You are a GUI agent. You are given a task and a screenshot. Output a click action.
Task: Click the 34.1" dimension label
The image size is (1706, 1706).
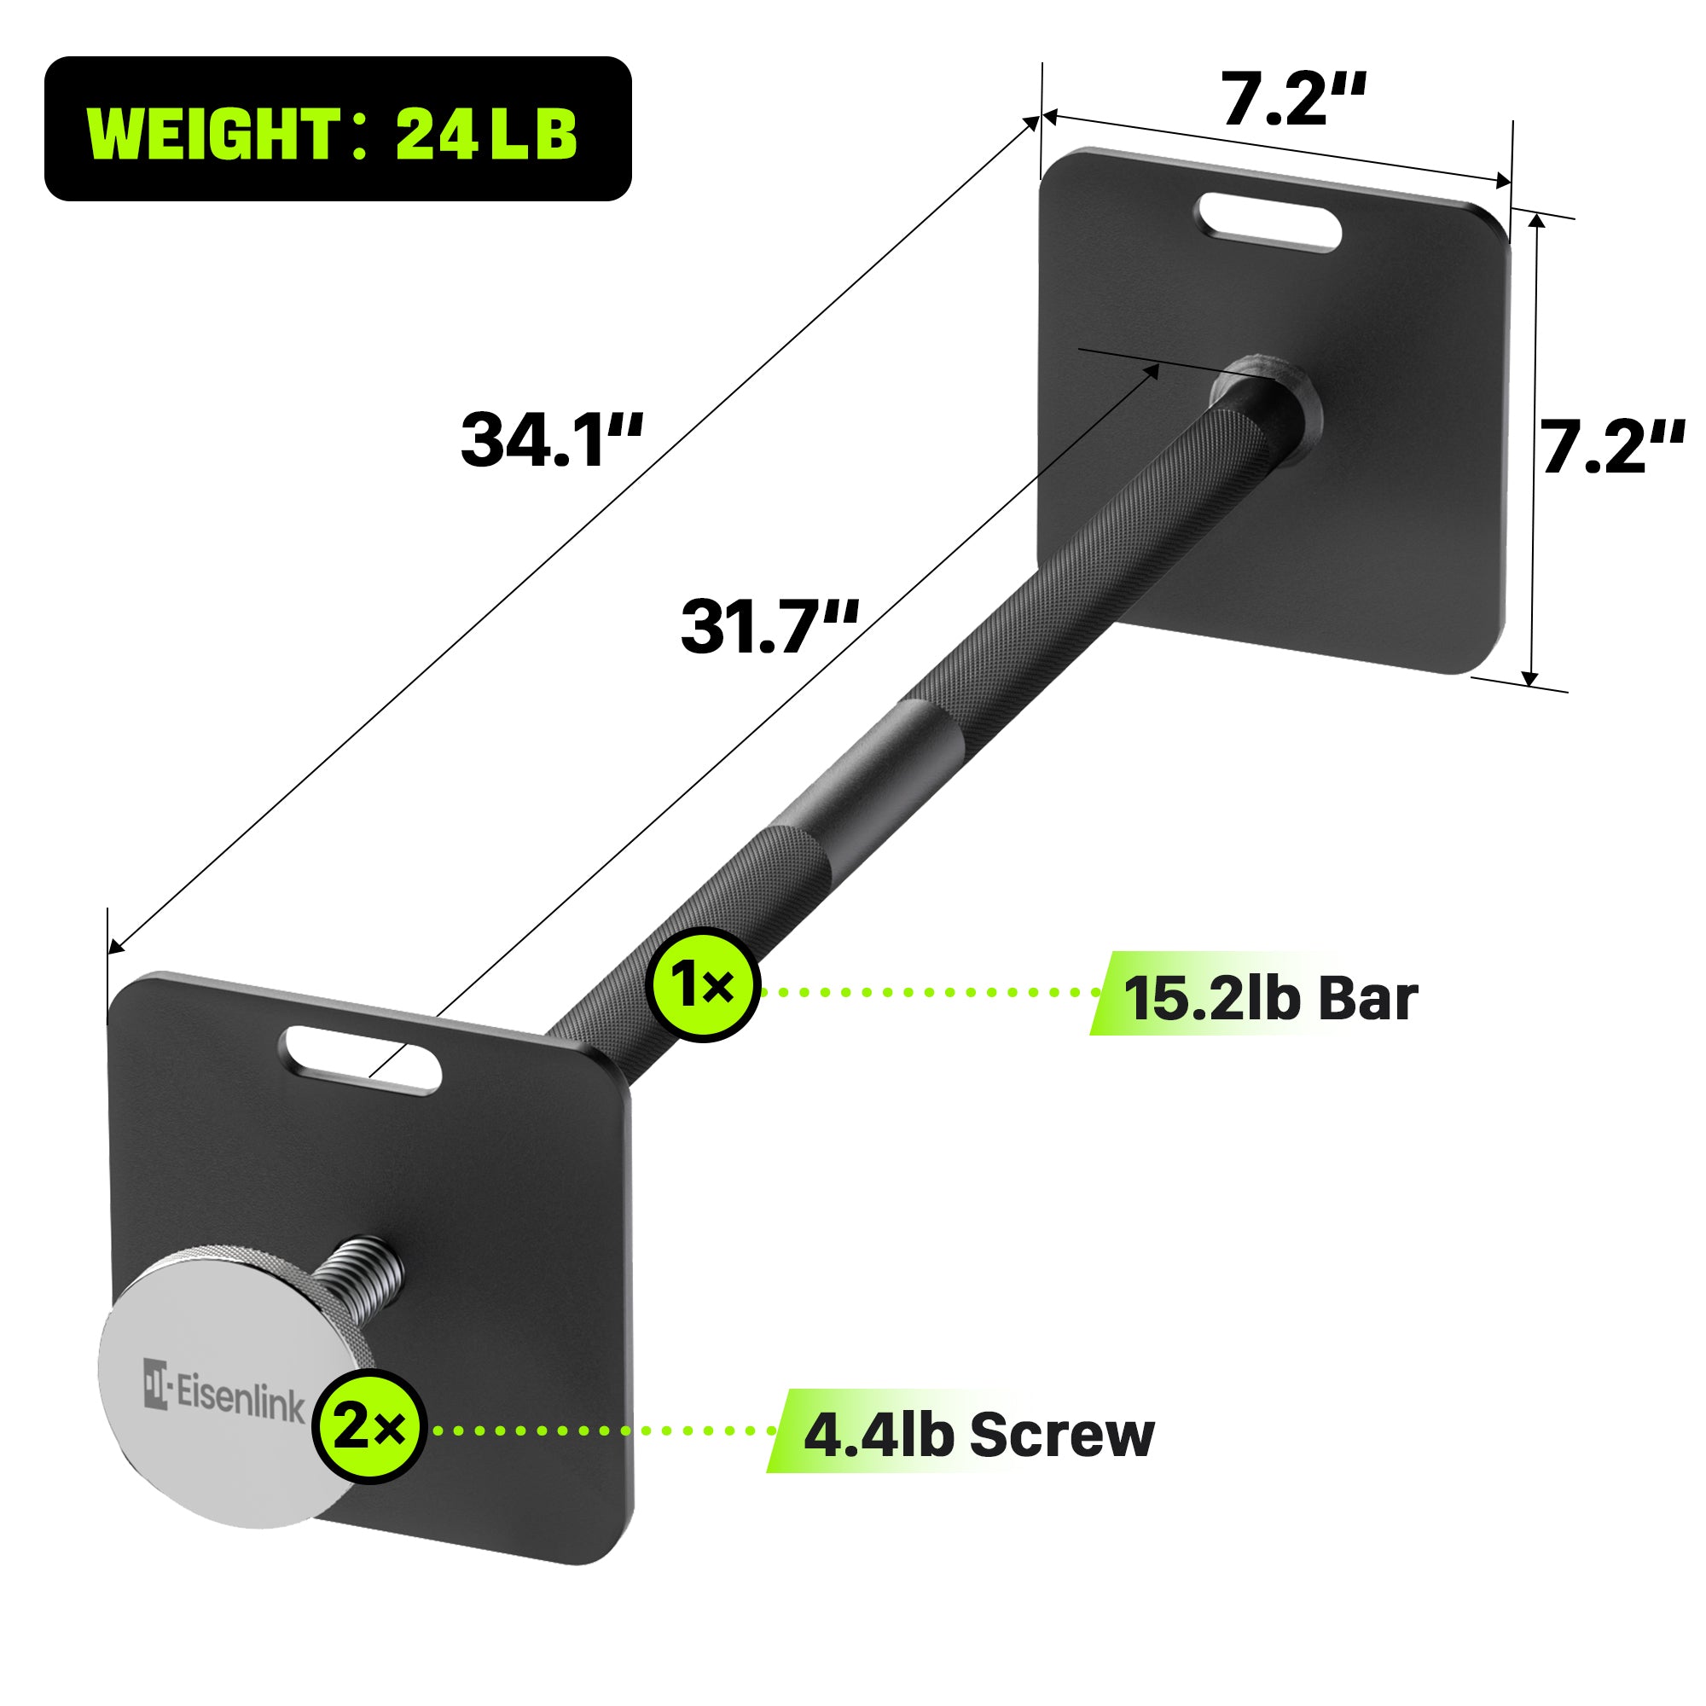pos(551,441)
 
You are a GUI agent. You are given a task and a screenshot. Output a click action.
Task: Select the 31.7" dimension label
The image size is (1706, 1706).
pos(769,628)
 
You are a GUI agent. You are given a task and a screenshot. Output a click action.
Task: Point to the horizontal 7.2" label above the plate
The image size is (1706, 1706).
pos(1293,100)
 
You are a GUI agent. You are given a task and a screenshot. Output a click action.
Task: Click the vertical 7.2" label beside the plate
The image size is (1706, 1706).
pos(1612,448)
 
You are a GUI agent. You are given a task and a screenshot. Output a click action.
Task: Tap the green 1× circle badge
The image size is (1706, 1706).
pos(703,984)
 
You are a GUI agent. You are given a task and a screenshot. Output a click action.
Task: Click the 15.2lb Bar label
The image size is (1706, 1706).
pos(1270,999)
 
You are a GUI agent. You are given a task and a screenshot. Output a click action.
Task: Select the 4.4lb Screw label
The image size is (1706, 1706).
pos(978,1435)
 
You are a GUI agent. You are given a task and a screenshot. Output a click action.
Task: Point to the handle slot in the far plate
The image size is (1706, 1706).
pos(1269,223)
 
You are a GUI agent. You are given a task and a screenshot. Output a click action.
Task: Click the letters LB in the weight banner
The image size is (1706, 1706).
pos(533,134)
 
